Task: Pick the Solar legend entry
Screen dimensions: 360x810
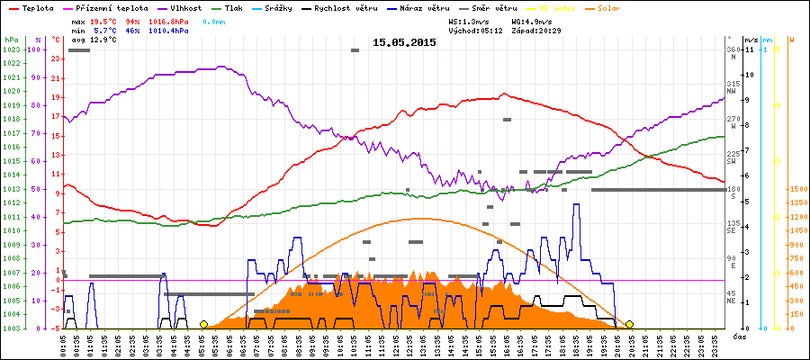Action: pos(621,7)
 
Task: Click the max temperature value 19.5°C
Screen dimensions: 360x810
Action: pos(103,20)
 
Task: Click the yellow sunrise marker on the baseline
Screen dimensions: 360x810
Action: pos(204,324)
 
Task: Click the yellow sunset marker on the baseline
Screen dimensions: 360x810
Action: pos(629,324)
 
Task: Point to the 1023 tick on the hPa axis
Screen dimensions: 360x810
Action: pos(11,49)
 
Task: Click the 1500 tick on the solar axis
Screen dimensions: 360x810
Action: pos(797,189)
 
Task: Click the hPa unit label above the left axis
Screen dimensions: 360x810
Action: pos(10,40)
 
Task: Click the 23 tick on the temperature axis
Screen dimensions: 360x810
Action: pos(56,58)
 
